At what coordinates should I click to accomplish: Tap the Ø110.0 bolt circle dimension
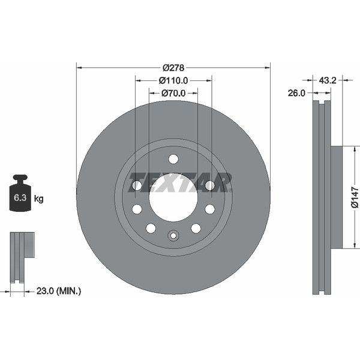(173, 80)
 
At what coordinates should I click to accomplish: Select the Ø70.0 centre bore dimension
(173, 93)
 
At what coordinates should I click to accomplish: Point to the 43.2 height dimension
(327, 79)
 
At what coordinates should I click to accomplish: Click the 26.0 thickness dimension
(297, 93)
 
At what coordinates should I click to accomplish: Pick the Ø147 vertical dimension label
(354, 197)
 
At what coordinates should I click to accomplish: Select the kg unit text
(39, 198)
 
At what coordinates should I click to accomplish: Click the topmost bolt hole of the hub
(173, 159)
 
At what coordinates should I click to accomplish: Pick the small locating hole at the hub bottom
(173, 235)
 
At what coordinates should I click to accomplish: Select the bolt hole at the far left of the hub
(137, 186)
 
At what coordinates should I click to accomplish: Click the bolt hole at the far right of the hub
(210, 186)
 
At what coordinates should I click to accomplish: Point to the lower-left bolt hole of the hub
(151, 228)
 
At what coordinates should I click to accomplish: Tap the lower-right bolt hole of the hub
(196, 228)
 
